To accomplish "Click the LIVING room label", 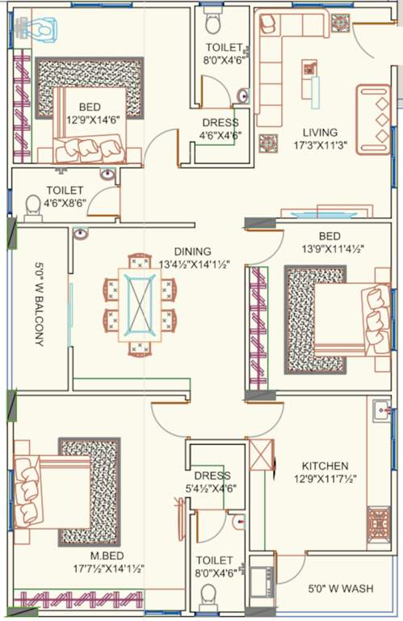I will tap(320, 132).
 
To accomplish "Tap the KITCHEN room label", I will tap(325, 466).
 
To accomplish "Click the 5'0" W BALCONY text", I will tap(38, 304).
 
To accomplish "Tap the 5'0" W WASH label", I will tap(334, 589).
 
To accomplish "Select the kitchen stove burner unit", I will tap(378, 526).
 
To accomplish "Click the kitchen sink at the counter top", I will tap(380, 412).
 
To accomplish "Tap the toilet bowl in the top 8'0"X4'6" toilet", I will tap(212, 18).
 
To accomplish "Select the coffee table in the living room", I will tap(311, 78).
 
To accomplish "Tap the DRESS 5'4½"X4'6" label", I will tap(212, 482).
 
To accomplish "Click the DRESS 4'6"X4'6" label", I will tap(220, 129).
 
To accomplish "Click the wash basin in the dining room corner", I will tap(81, 234).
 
